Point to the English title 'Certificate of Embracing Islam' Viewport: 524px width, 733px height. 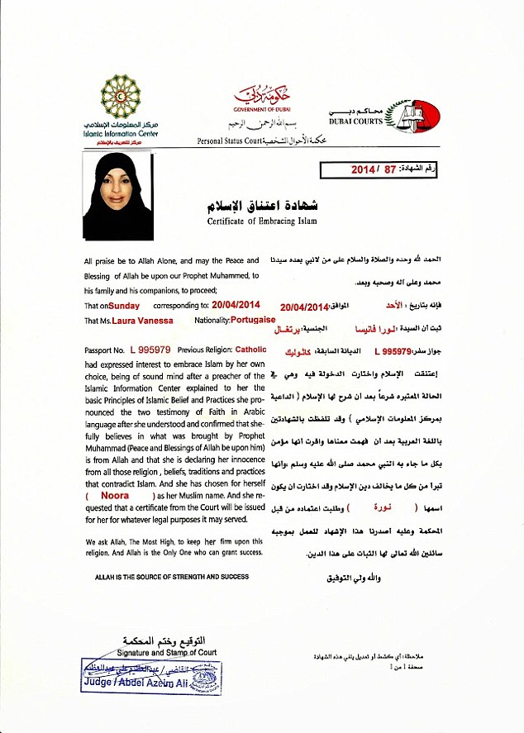tap(261, 221)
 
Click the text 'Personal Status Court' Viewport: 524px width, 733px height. tap(229, 141)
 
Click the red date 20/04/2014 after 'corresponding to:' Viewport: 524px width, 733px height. tap(246, 305)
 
